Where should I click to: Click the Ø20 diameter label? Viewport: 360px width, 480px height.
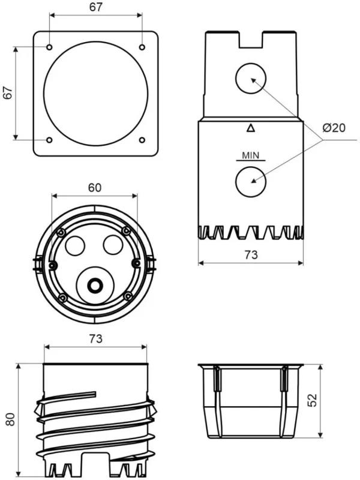(x=334, y=127)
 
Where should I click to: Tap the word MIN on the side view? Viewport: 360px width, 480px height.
(x=250, y=155)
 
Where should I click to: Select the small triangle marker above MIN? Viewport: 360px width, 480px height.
(x=250, y=127)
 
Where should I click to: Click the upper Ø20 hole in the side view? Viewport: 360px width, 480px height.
(x=250, y=80)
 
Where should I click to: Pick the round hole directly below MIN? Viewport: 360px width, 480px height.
(x=250, y=181)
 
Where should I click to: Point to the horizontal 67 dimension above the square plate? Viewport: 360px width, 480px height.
(x=95, y=7)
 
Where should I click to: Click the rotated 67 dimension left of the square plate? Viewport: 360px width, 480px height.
(x=8, y=93)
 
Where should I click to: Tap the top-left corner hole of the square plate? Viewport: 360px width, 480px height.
(x=49, y=47)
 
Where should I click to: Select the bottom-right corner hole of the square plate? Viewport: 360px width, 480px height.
(x=142, y=140)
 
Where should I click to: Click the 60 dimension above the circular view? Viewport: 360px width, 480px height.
(x=95, y=187)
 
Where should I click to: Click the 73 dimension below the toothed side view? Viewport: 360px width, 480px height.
(x=251, y=254)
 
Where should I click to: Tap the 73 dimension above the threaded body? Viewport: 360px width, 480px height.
(x=95, y=338)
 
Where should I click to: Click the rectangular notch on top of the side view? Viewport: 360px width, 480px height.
(x=251, y=38)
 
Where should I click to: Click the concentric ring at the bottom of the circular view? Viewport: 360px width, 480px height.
(x=95, y=284)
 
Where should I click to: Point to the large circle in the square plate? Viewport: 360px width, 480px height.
(x=95, y=94)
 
